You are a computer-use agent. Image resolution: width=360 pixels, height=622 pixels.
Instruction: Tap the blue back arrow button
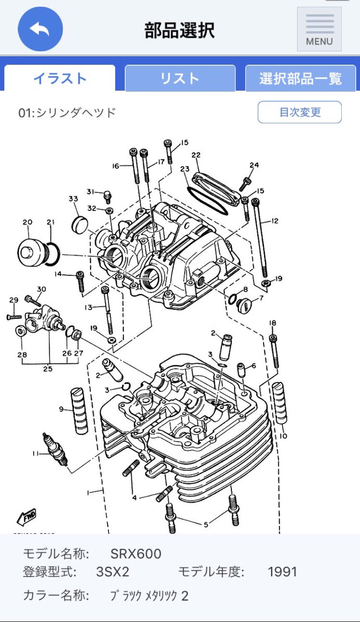pyautogui.click(x=40, y=29)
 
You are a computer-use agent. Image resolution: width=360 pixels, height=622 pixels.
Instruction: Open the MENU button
pyautogui.click(x=320, y=29)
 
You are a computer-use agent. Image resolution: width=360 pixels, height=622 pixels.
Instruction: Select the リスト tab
pyautogui.click(x=180, y=78)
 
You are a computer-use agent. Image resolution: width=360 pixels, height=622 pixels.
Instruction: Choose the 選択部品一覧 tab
pyautogui.click(x=300, y=78)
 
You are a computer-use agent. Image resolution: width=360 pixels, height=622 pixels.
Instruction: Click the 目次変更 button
pyautogui.click(x=300, y=112)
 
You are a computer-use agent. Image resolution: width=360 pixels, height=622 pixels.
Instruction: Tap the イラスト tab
pyautogui.click(x=60, y=78)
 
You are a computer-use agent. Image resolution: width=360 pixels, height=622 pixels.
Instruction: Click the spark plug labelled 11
pyautogui.click(x=55, y=449)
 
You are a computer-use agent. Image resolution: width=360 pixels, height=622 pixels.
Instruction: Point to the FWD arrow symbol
pyautogui.click(x=26, y=517)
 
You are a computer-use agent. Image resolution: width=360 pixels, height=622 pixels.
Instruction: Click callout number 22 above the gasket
pyautogui.click(x=196, y=155)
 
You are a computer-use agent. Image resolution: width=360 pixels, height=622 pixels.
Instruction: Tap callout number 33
pyautogui.click(x=73, y=199)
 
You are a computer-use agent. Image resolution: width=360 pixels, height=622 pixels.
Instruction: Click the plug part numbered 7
pyautogui.click(x=243, y=303)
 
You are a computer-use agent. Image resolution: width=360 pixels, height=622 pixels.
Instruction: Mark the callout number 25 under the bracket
pyautogui.click(x=48, y=369)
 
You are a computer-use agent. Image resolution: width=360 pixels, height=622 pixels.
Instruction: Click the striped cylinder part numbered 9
pyautogui.click(x=79, y=411)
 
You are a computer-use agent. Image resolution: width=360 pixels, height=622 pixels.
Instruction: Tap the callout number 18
pyautogui.click(x=272, y=323)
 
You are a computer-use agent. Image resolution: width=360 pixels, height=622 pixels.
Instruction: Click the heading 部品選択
pyautogui.click(x=179, y=30)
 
